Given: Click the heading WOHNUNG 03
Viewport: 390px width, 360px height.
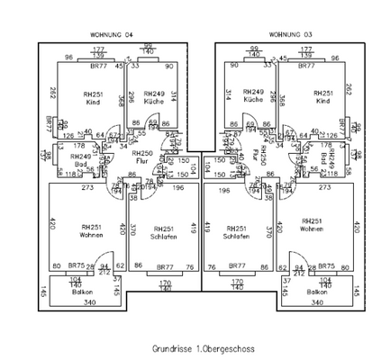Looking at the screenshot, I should click(296, 34).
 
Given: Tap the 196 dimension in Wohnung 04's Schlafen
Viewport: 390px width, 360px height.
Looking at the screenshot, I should click(178, 188).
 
